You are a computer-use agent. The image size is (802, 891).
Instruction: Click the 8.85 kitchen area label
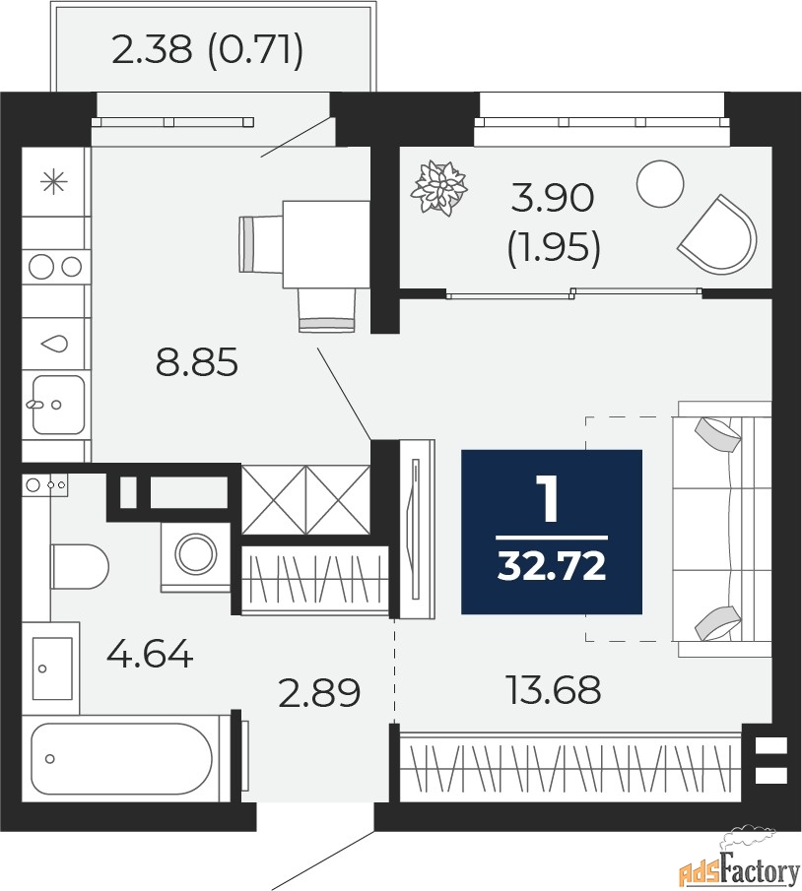(197, 362)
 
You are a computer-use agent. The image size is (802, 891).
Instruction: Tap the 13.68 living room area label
(553, 689)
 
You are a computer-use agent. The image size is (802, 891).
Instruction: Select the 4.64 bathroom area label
(150, 654)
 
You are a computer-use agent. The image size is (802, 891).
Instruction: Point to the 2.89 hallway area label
(319, 693)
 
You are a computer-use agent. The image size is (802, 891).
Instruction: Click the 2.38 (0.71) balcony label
(208, 50)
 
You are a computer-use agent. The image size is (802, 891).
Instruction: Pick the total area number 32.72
(552, 566)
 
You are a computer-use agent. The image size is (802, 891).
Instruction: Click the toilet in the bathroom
(80, 566)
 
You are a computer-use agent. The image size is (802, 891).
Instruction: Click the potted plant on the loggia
(438, 188)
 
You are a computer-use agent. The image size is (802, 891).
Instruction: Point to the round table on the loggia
(660, 183)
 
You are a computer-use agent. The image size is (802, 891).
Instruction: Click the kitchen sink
(57, 405)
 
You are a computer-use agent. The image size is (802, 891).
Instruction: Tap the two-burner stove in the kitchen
(56, 266)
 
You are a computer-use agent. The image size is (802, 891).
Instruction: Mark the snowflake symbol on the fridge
(54, 182)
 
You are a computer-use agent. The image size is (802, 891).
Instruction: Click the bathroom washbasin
(51, 668)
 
